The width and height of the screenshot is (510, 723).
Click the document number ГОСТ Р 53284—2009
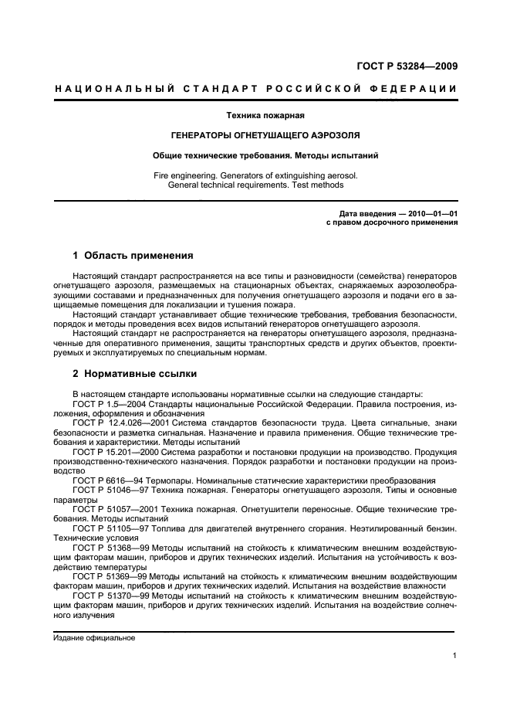pyautogui.click(x=407, y=66)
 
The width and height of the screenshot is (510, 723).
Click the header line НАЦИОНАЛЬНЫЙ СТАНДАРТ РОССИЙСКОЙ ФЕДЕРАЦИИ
pyautogui.click(x=255, y=89)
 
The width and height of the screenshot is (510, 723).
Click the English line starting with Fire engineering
pyautogui.click(x=255, y=175)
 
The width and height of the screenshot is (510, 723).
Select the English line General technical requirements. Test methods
pyautogui.click(x=255, y=185)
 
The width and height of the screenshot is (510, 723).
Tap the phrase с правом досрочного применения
pyautogui.click(x=393, y=222)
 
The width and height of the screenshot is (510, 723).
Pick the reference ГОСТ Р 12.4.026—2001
pyautogui.click(x=119, y=423)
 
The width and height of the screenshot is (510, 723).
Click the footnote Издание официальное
pyautogui.click(x=94, y=638)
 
